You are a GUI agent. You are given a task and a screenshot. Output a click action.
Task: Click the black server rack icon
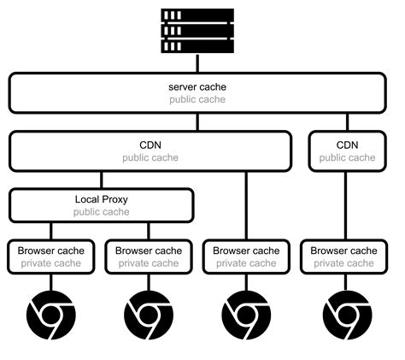pyautogui.click(x=197, y=30)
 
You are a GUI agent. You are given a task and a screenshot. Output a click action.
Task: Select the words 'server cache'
pyautogui.click(x=197, y=87)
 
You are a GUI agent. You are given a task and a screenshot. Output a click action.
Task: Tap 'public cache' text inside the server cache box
pyautogui.click(x=197, y=100)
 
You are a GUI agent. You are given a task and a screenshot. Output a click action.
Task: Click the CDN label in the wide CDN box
pyautogui.click(x=150, y=145)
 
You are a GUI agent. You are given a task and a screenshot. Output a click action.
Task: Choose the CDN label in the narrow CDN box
pyautogui.click(x=345, y=145)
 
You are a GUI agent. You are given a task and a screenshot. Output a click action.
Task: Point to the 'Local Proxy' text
pyautogui.click(x=101, y=199)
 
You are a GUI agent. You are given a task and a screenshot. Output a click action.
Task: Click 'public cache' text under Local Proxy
pyautogui.click(x=101, y=212)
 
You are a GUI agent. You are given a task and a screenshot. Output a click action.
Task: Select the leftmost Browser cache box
pyautogui.click(x=51, y=257)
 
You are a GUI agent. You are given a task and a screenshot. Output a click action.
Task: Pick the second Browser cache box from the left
pyautogui.click(x=149, y=257)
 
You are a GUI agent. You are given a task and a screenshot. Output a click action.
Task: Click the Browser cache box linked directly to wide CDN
pyautogui.click(x=246, y=257)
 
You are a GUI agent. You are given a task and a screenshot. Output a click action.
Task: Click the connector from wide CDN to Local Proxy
pyautogui.click(x=101, y=180)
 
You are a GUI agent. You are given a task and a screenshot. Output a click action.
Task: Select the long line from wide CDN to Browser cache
pyautogui.click(x=246, y=205)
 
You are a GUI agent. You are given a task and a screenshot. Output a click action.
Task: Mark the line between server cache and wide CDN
pyautogui.click(x=197, y=121)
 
